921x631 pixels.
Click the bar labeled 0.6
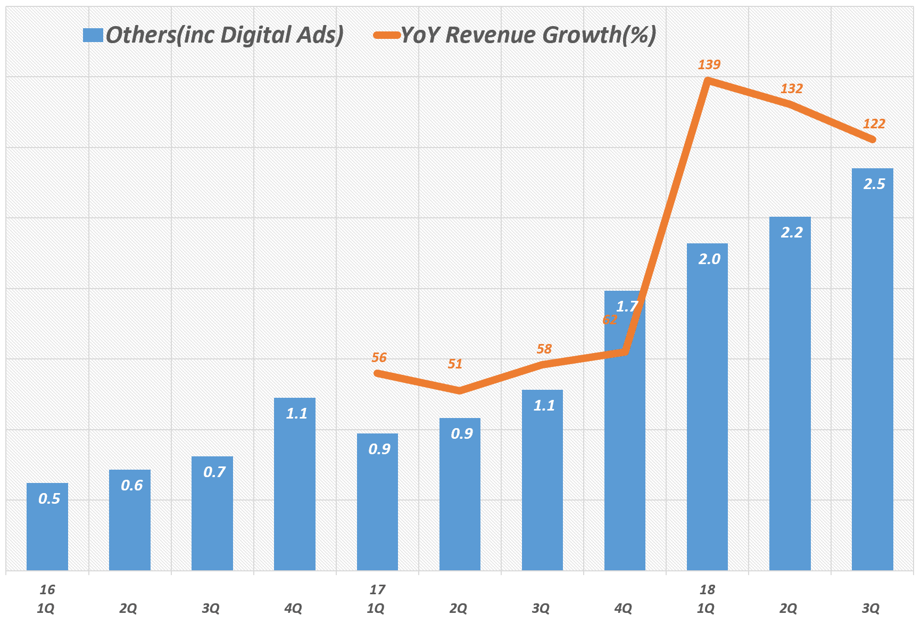click(x=130, y=520)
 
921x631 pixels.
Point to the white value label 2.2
click(x=791, y=233)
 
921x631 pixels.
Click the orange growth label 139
click(x=709, y=65)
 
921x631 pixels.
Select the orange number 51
click(x=455, y=364)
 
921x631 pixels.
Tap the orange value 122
click(x=874, y=124)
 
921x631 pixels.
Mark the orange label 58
click(x=544, y=349)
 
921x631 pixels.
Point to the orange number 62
click(x=610, y=320)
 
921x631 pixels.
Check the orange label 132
click(x=791, y=89)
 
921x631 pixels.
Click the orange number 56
click(x=379, y=358)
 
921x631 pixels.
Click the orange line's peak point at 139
click(x=707, y=80)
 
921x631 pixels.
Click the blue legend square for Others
click(x=93, y=36)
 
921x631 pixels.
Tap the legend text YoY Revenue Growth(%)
click(x=528, y=35)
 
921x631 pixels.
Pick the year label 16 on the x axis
click(x=47, y=590)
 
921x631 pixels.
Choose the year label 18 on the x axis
click(x=707, y=590)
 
